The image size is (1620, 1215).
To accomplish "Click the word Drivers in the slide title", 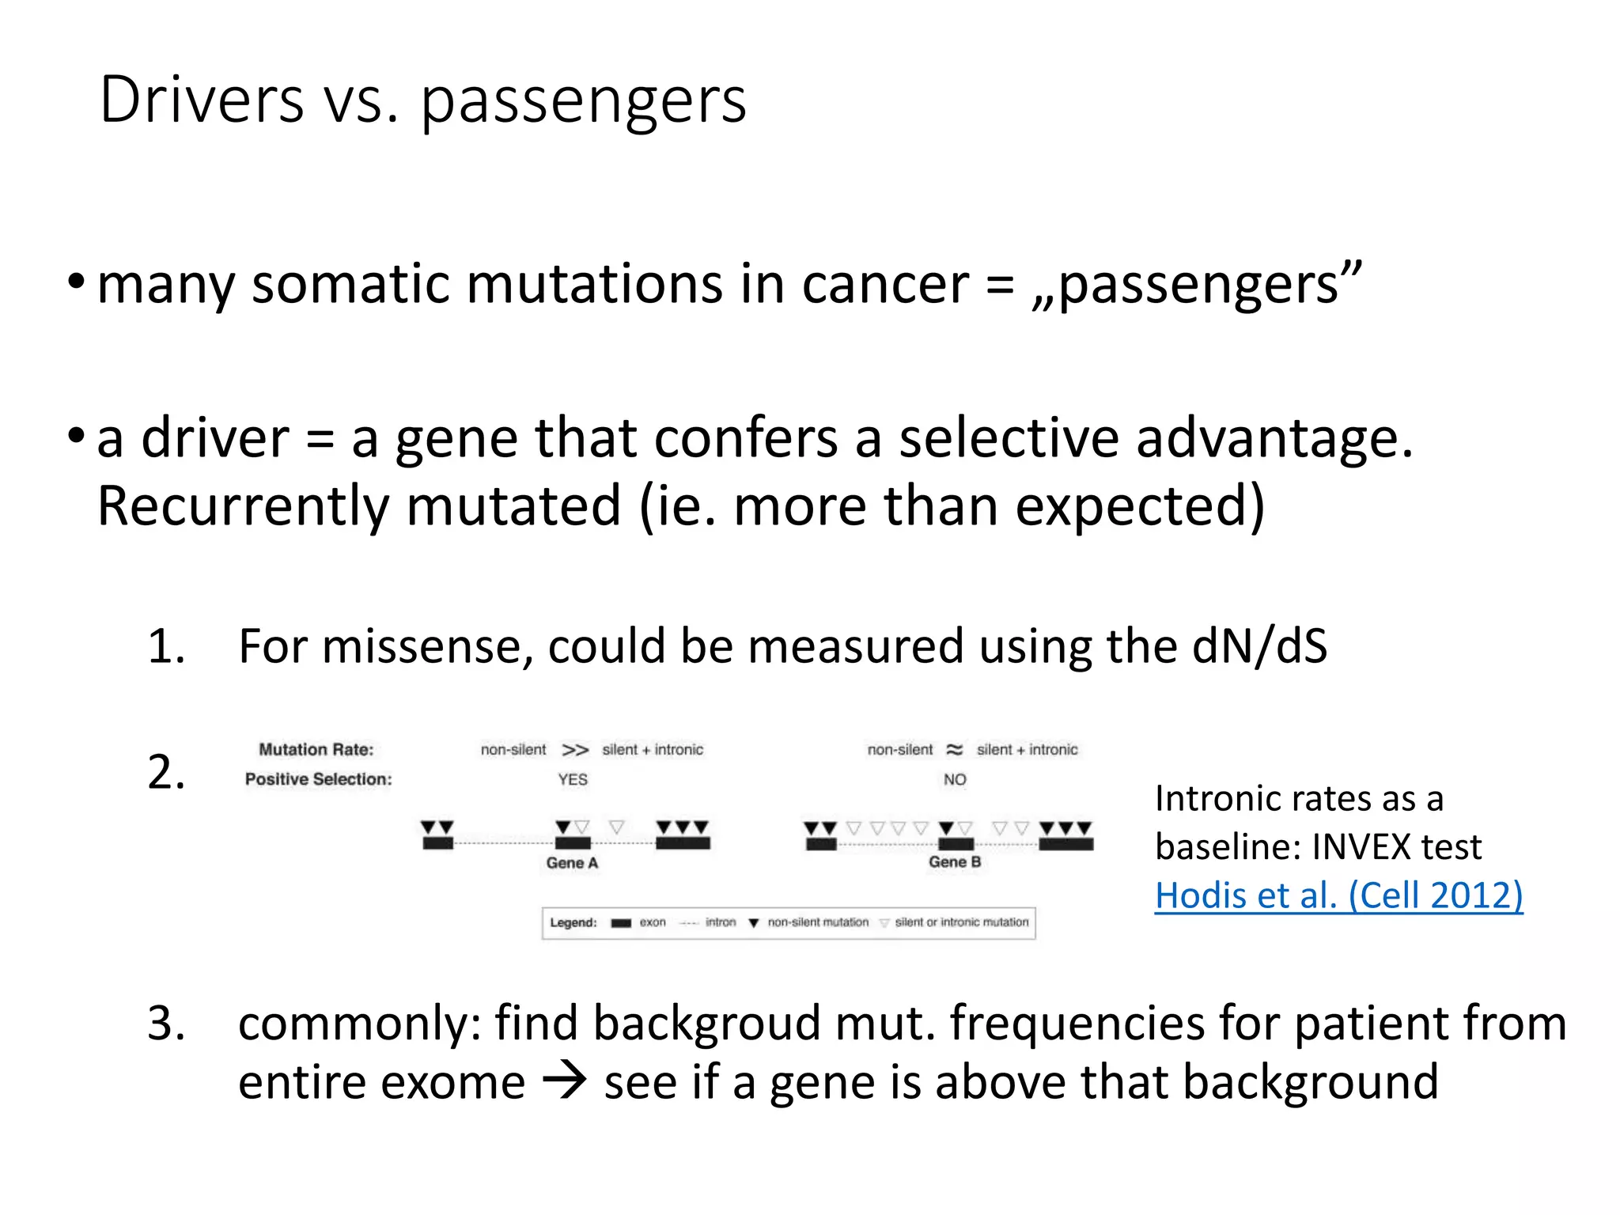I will click(202, 100).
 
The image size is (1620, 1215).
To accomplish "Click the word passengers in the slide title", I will click(583, 103).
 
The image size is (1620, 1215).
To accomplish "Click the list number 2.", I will click(166, 772).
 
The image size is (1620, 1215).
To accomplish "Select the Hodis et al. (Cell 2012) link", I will click(1338, 895).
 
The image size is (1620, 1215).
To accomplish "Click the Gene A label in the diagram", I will click(572, 863).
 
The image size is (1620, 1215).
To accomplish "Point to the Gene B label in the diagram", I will click(955, 862).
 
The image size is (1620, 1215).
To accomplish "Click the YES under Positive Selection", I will click(573, 780).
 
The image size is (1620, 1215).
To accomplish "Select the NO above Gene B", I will click(955, 780).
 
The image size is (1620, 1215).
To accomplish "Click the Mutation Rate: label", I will click(316, 750).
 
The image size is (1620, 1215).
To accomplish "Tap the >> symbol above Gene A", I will click(575, 750).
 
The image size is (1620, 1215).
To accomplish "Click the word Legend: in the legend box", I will click(573, 923).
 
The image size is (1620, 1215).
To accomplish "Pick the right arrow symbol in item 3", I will click(565, 1082).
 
